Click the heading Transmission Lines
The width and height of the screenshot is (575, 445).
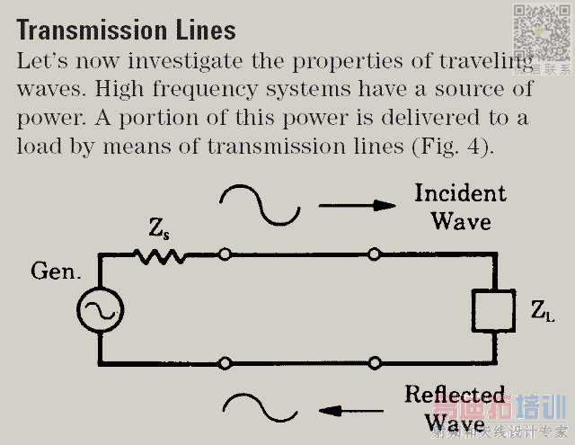coord(126,30)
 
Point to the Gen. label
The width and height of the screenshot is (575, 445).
coord(56,271)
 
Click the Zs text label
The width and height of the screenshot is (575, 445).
coord(159,230)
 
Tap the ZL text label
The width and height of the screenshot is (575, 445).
coord(542,312)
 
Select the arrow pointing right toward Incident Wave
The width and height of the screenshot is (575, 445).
coord(357,205)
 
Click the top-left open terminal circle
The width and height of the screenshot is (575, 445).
coord(225,255)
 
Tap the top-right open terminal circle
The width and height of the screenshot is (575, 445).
coord(375,255)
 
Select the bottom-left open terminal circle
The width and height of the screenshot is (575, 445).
coord(225,363)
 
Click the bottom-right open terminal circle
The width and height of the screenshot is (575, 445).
coord(375,363)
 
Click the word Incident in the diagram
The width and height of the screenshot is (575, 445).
coord(460,193)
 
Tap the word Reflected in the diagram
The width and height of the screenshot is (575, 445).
coord(455,395)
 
